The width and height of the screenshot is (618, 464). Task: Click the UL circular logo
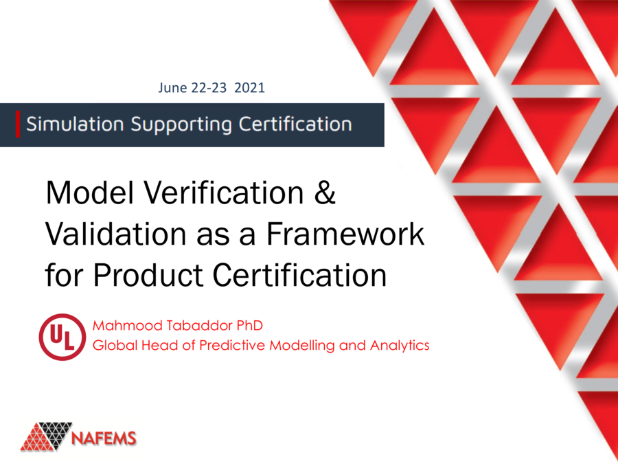pyautogui.click(x=62, y=337)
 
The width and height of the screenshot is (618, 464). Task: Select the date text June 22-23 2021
pyautogui.click(x=211, y=88)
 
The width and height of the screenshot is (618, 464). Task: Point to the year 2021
pyautogui.click(x=251, y=88)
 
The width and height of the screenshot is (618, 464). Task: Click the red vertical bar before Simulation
pyautogui.click(x=18, y=124)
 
